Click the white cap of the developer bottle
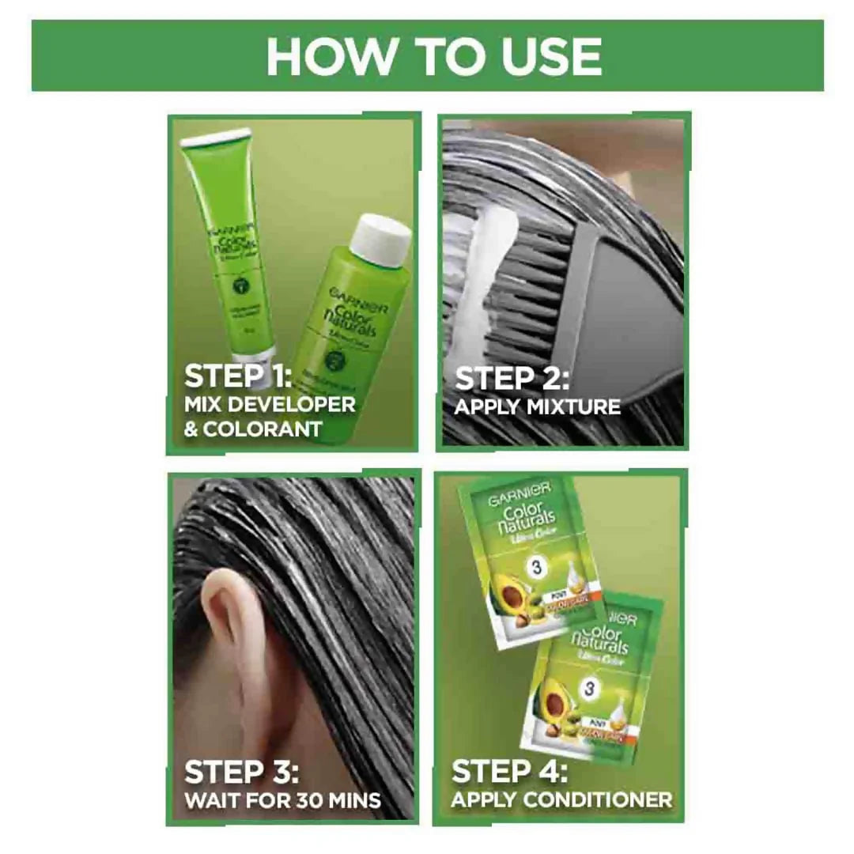pyautogui.click(x=380, y=234)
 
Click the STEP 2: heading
pyautogui.click(x=512, y=379)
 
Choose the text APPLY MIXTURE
pyautogui.click(x=538, y=407)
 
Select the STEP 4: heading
pyautogui.click(x=509, y=772)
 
